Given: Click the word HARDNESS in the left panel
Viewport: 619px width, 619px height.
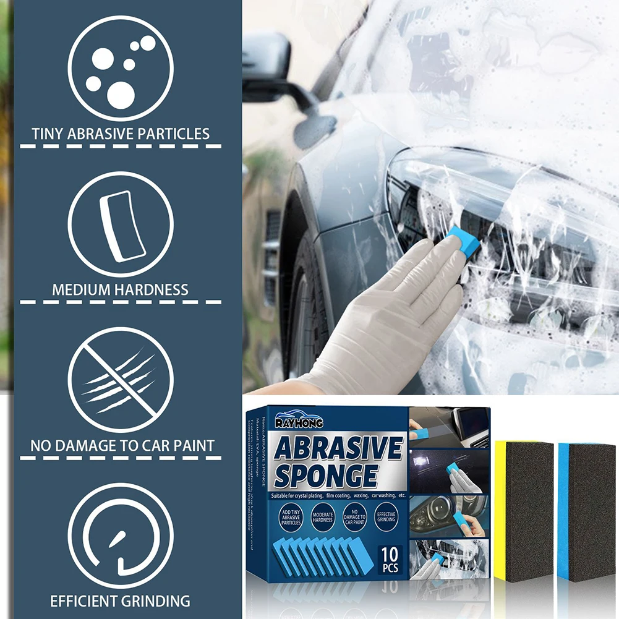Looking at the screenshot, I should (x=155, y=289).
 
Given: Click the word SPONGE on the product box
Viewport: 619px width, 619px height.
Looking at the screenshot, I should (x=326, y=476).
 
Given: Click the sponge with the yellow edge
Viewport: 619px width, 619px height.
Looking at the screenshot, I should (x=523, y=510).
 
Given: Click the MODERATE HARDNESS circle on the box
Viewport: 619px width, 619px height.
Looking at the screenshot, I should (x=322, y=518).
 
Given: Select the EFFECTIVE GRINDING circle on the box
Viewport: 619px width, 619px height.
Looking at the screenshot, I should (x=386, y=518).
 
